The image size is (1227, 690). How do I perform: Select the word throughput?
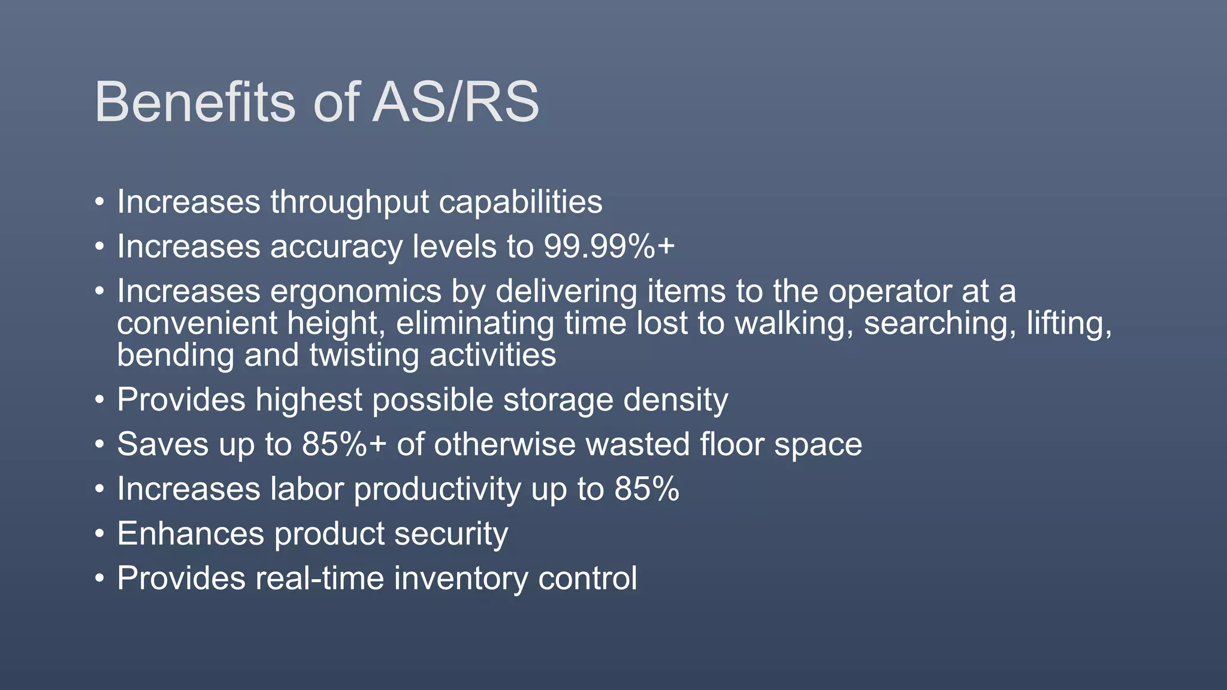(x=349, y=202)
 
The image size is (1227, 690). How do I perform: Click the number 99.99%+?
(x=609, y=247)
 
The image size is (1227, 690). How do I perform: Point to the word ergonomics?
(x=356, y=292)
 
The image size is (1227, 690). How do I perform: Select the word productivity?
(x=437, y=489)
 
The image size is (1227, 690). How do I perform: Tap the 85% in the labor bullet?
(x=646, y=489)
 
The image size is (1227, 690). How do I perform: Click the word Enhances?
(x=191, y=534)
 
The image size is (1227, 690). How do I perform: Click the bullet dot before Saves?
(x=99, y=445)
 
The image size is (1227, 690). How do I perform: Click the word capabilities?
(x=520, y=202)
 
